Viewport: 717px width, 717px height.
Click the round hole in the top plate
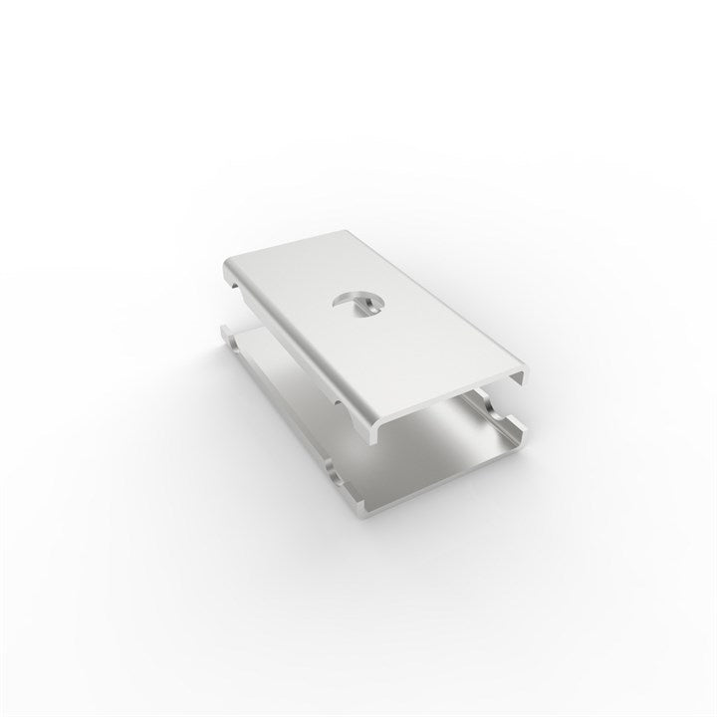[x=357, y=304]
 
